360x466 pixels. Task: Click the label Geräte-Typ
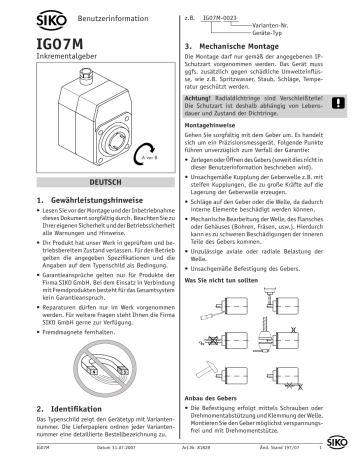252,34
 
